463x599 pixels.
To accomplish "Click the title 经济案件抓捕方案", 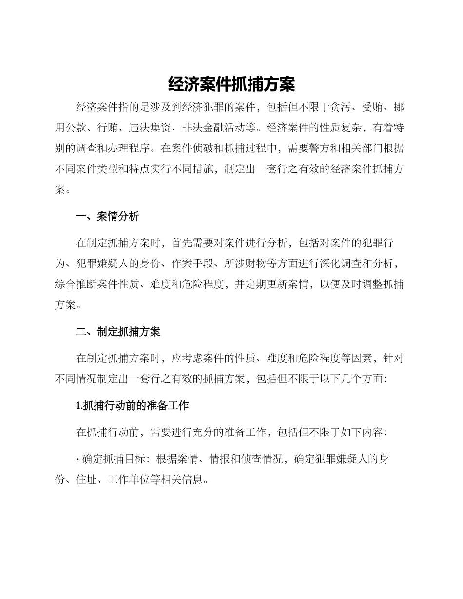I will click(x=231, y=85).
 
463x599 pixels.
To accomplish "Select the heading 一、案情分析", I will click(x=107, y=217).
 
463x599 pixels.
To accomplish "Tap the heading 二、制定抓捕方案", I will click(x=118, y=332).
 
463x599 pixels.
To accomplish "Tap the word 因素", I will click(x=362, y=359).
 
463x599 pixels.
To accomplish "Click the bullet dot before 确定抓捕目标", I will click(x=78, y=459).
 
